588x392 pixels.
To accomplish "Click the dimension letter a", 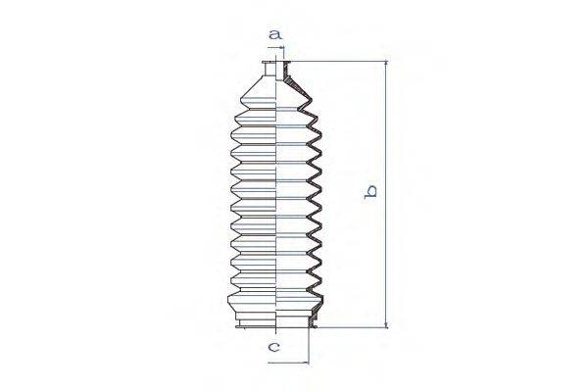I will (276, 35).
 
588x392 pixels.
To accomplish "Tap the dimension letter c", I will (275, 346).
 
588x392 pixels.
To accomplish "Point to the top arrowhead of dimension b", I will (385, 65).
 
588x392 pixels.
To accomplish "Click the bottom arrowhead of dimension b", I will (385, 323).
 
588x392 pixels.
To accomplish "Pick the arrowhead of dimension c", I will (307, 361).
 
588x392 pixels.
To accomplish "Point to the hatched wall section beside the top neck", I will (290, 72).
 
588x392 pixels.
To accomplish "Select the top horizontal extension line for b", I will (343, 62).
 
